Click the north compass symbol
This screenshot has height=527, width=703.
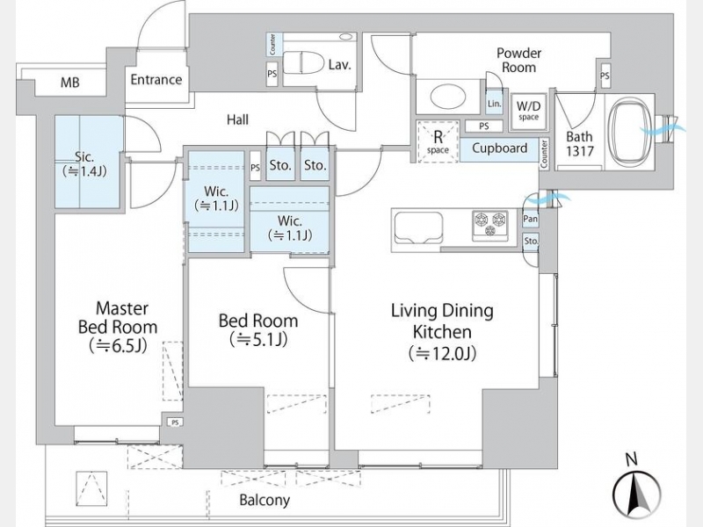(x=640, y=495)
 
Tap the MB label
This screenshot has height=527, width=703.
(x=69, y=83)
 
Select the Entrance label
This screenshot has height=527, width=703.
(x=156, y=80)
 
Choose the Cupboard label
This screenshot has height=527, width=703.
(x=500, y=148)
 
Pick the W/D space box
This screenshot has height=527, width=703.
(x=528, y=110)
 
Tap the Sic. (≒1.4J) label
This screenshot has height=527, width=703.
(x=84, y=164)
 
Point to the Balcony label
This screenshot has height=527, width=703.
(x=264, y=501)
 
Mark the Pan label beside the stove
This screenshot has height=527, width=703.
(x=531, y=219)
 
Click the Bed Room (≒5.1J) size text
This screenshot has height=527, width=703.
(x=258, y=340)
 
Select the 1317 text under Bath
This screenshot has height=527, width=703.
(x=580, y=151)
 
